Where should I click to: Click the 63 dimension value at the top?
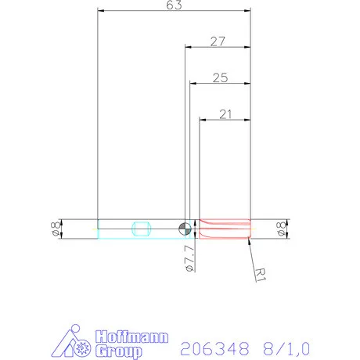pos(174,6)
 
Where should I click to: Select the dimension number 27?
pos(218,41)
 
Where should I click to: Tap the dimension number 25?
pos(220,77)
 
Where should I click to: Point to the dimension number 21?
pos(225,114)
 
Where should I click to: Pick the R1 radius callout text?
pos(262,272)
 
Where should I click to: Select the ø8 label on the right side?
pos(282,229)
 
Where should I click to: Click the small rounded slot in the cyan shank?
pos(142,229)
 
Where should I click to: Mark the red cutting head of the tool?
pos(225,229)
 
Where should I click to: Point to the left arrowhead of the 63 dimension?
pos(100,12)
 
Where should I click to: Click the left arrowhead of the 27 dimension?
pos(187,48)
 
